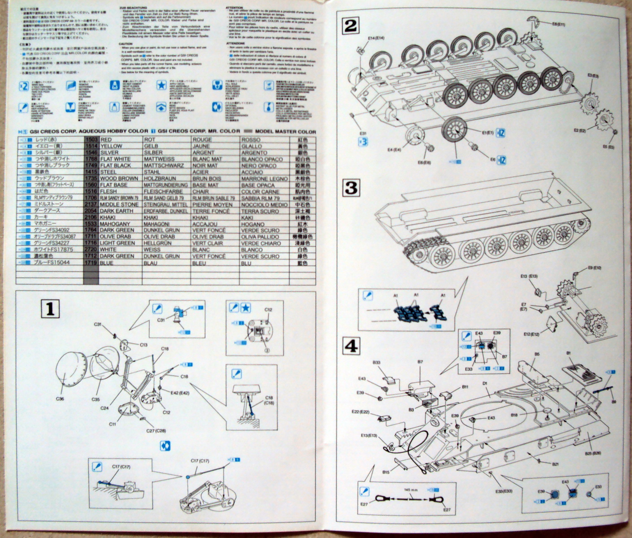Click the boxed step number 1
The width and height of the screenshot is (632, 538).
click(50, 308)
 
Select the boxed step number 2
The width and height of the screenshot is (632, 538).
click(351, 26)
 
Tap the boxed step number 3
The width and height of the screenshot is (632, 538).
click(351, 187)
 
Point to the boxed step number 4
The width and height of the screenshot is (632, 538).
click(351, 346)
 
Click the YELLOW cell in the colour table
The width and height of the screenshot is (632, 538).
click(111, 146)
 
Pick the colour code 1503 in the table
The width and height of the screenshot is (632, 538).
click(91, 140)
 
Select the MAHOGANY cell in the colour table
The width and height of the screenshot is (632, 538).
click(115, 224)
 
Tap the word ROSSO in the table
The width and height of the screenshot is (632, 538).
click(251, 140)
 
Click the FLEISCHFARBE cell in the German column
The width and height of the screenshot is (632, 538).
click(163, 191)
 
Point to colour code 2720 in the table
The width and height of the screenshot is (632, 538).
click(91, 249)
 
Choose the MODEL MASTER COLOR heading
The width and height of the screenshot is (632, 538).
click(286, 131)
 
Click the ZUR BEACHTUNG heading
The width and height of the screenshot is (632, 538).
click(133, 8)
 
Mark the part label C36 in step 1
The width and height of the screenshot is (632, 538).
click(60, 399)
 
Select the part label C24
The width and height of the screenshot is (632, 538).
click(104, 408)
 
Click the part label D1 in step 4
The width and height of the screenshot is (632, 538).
click(485, 383)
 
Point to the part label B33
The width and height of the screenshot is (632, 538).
click(376, 362)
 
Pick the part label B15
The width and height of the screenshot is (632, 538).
click(386, 472)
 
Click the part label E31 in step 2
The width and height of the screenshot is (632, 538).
click(363, 133)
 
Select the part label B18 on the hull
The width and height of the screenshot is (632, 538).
click(514, 415)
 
